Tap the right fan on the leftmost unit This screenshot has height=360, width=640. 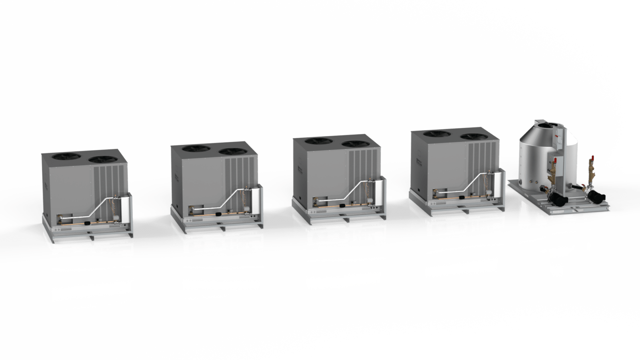coord(101,159)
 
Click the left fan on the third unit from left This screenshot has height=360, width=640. coord(316,141)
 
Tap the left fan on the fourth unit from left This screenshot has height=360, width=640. coord(435,134)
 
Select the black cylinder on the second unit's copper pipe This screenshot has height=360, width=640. coord(218,214)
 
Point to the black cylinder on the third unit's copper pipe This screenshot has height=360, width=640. coord(342,206)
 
